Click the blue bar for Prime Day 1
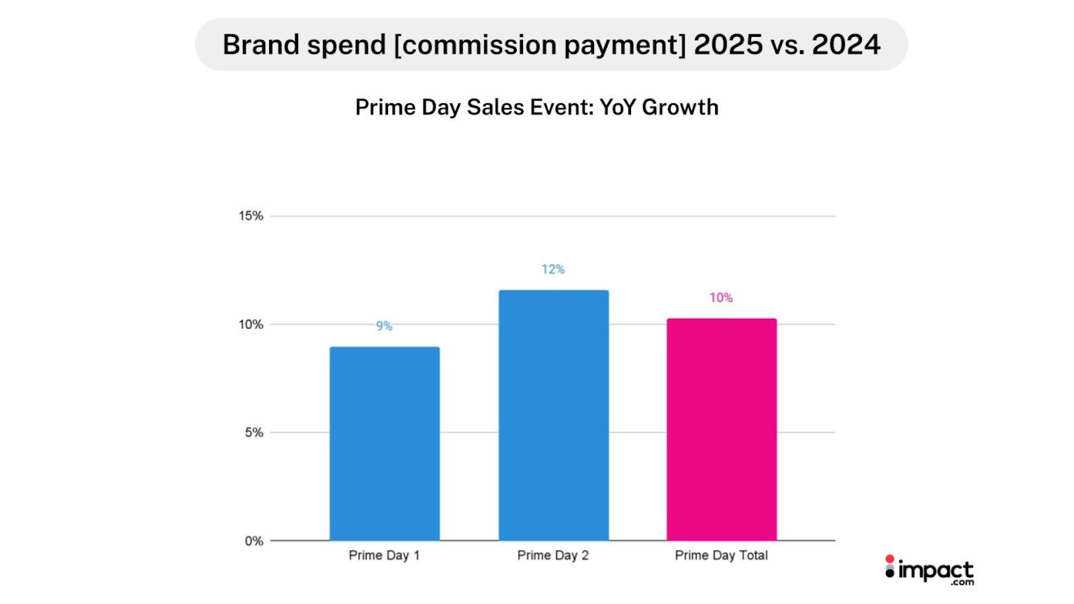(385, 444)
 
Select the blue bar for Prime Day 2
(554, 415)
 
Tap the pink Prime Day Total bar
(722, 430)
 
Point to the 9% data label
(384, 326)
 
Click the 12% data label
(553, 269)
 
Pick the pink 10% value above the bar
(721, 297)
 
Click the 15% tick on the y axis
(251, 216)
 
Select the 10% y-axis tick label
(251, 325)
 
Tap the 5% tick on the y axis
(254, 433)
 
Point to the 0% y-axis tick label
(254, 541)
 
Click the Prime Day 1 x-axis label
(384, 556)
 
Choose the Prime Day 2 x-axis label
(553, 556)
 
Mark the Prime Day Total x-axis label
(722, 556)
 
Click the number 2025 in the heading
(728, 45)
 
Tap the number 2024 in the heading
(846, 45)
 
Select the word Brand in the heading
(260, 45)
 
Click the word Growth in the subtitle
(680, 107)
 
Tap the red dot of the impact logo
(890, 559)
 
